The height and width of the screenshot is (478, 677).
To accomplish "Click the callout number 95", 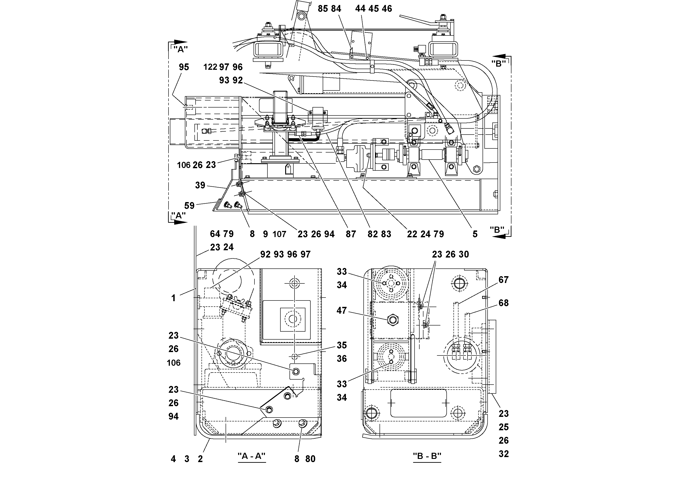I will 184,67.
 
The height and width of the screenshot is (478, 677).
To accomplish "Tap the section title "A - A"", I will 252,456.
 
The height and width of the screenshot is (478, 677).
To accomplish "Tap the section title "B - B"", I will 427,456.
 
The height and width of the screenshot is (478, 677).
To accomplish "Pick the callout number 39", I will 200,185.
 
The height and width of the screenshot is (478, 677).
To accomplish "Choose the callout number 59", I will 189,206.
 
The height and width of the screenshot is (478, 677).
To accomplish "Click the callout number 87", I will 351,234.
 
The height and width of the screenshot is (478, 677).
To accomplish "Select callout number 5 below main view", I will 475,234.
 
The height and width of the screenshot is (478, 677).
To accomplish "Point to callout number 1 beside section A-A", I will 173,298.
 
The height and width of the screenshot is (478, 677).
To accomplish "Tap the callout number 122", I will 210,67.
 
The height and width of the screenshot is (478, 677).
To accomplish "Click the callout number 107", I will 279,234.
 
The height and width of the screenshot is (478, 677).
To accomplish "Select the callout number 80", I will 310,459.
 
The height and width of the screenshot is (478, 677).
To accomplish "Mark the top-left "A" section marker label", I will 181,50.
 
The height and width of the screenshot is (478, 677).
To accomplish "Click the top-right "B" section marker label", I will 498,64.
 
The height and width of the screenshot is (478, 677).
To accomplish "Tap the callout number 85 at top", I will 322,9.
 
